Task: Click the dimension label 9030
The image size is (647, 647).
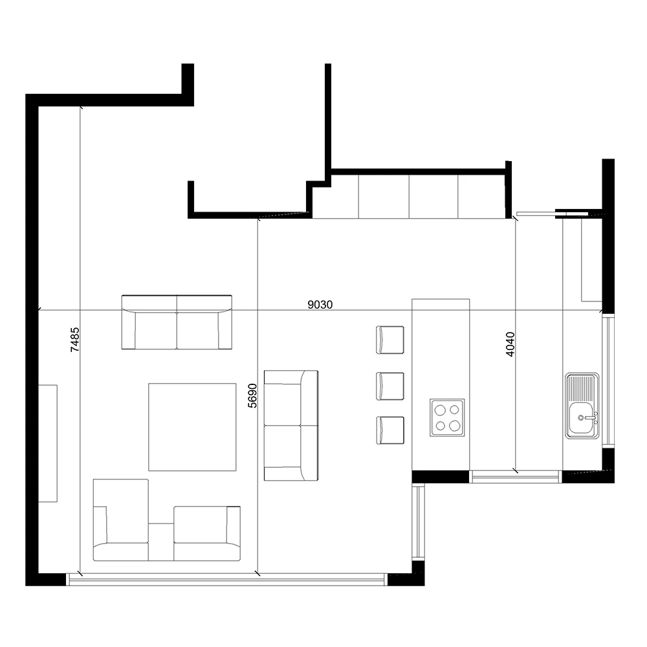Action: (320, 304)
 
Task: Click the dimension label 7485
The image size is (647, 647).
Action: (74, 339)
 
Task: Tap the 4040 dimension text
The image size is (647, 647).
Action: (510, 345)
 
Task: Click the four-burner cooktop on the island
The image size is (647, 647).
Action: (447, 417)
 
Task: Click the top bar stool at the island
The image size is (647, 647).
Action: (389, 340)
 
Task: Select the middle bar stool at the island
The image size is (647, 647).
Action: (389, 386)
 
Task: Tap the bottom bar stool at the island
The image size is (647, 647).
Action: (389, 430)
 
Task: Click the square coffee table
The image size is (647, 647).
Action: (192, 426)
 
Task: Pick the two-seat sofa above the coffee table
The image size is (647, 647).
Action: (177, 322)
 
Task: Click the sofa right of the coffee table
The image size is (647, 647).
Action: (291, 425)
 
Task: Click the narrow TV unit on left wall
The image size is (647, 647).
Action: (48, 443)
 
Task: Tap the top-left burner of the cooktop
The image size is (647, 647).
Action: (440, 410)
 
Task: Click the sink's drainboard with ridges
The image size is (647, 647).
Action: (580, 389)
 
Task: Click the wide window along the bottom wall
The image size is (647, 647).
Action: (226, 581)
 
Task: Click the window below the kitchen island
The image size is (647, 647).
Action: (514, 477)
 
